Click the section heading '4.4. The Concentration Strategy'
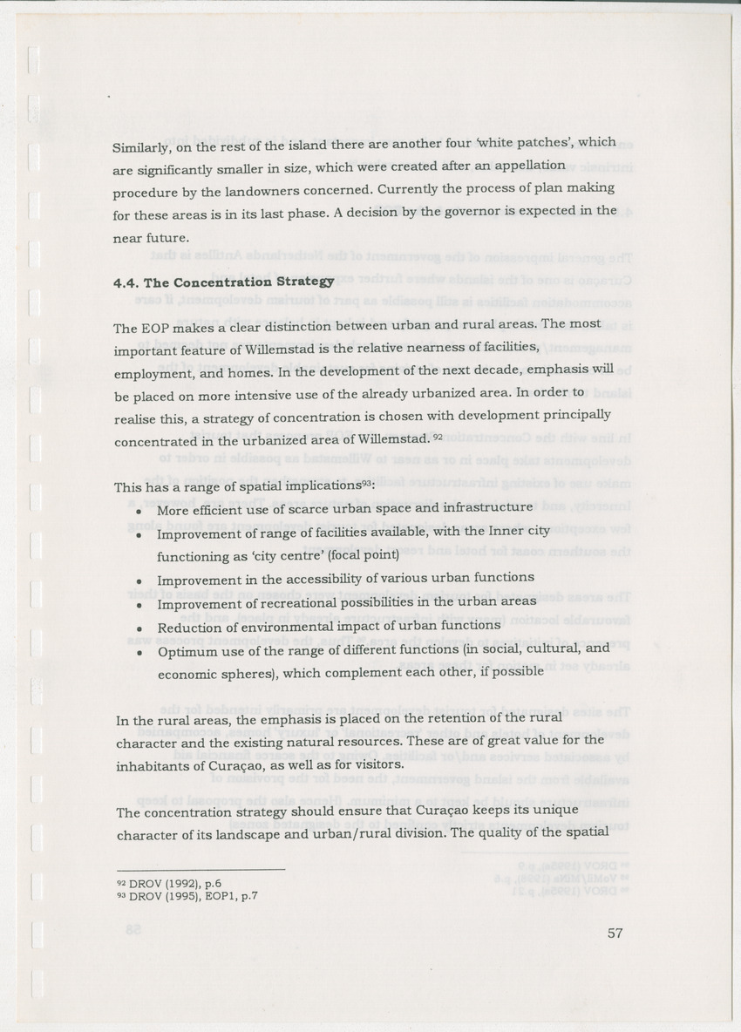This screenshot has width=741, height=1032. [x=224, y=282]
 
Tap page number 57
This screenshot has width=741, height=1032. [x=615, y=934]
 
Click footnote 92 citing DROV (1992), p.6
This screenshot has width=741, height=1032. [x=163, y=882]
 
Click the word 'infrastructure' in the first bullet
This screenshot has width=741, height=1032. [x=488, y=507]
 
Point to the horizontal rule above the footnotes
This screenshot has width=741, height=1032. [x=201, y=869]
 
